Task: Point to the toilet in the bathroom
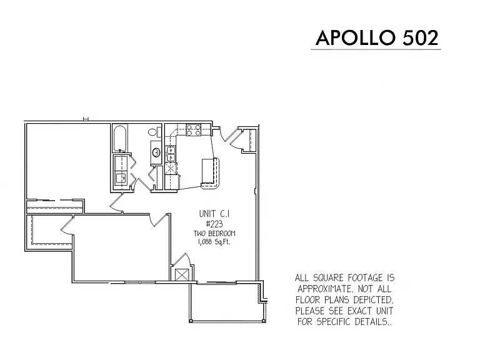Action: pos(154,132)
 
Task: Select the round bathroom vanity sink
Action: pos(156,152)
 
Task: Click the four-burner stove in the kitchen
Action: pos(194,130)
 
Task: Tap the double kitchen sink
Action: pos(171,154)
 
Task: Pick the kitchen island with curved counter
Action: pos(210,173)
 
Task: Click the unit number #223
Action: pos(214,224)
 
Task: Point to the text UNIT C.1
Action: pos(214,214)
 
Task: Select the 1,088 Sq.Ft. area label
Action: pos(214,242)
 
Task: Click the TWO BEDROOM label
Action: pos(214,234)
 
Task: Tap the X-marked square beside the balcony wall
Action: pos(181,274)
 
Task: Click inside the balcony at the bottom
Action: pos(225,302)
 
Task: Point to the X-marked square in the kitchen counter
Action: pos(171,168)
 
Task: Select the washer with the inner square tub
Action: pos(121,177)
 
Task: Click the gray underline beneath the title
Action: pos(376,49)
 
